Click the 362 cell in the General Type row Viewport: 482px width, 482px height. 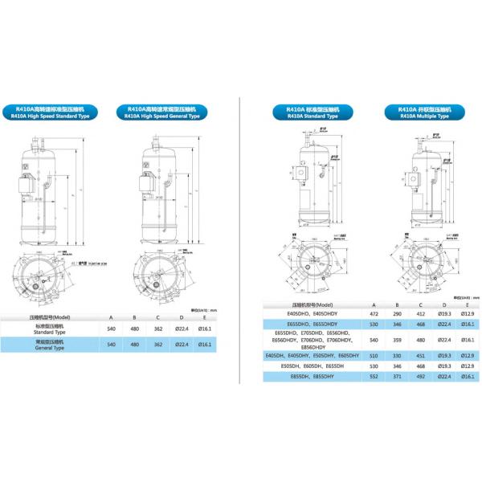coord(158,344)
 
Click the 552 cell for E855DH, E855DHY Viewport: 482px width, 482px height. coord(373,375)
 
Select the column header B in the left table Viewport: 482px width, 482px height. coord(134,317)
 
